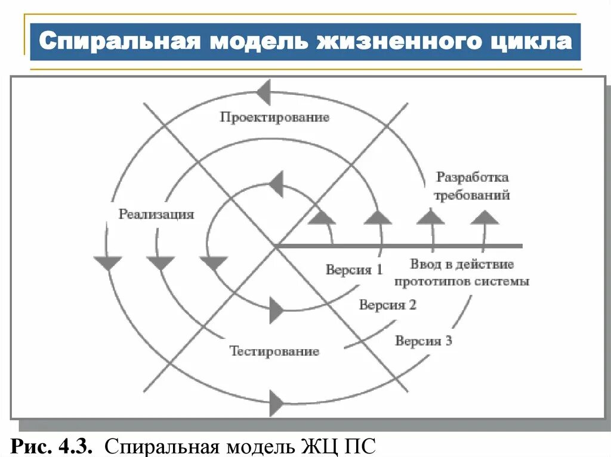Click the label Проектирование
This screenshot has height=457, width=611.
(274, 117)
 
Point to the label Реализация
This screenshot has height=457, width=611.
(156, 214)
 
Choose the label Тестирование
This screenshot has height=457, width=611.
(274, 351)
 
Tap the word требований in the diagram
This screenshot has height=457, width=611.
(471, 195)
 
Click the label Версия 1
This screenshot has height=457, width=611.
(354, 269)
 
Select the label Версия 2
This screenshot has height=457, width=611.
(387, 305)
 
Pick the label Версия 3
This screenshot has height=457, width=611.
(424, 341)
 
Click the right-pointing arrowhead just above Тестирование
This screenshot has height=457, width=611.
(276, 310)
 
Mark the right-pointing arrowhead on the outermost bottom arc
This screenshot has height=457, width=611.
(276, 403)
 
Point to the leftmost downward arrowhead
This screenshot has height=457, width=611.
(108, 262)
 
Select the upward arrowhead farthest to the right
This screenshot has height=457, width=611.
(484, 217)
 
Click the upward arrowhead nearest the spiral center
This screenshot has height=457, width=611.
(322, 217)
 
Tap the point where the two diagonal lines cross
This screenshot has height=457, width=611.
(275, 245)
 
